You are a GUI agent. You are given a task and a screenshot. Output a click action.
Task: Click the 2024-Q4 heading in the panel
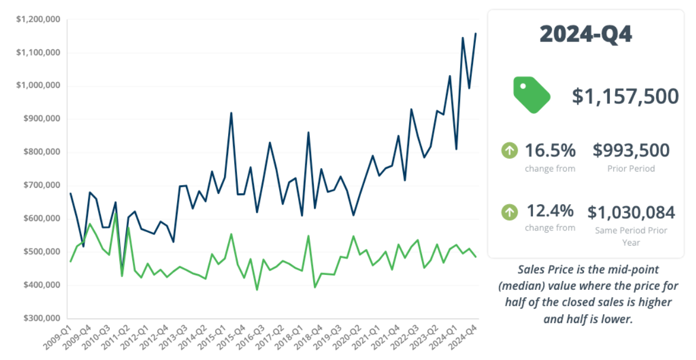(x=586, y=35)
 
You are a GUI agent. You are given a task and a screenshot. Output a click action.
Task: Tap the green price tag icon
(x=531, y=95)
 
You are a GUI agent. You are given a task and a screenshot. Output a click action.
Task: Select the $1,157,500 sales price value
(x=625, y=96)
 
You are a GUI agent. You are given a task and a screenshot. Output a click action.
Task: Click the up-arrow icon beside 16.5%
(x=509, y=150)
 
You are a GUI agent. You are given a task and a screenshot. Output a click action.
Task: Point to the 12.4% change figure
(x=550, y=211)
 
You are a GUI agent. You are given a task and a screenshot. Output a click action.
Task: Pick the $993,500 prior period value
(x=631, y=150)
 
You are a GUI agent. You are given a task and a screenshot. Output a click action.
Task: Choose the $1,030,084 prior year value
(x=631, y=213)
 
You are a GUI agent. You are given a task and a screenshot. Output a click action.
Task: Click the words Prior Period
(x=631, y=168)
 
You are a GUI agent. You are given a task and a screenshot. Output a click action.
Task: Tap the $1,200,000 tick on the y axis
(x=39, y=20)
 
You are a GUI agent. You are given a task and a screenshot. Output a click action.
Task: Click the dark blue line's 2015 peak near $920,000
(x=231, y=113)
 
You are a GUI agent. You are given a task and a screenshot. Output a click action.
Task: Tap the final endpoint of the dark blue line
(x=476, y=34)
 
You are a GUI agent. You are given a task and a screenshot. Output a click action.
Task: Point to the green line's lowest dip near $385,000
(x=257, y=289)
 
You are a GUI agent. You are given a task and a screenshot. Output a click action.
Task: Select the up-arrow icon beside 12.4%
(x=509, y=212)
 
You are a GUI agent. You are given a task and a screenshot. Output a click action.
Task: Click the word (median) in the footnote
(x=522, y=287)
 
